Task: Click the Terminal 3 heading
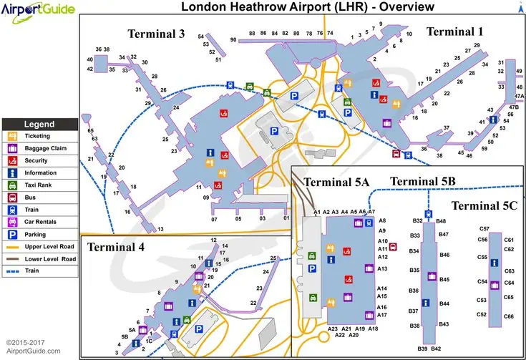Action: click(157, 34)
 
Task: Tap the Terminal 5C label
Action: click(484, 206)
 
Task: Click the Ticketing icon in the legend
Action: click(12, 135)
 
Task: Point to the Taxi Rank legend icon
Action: click(12, 185)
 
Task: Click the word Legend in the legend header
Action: click(39, 124)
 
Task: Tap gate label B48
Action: click(442, 221)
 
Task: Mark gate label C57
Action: click(484, 228)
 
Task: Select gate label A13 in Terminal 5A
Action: click(382, 268)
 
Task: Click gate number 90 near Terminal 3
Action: click(233, 39)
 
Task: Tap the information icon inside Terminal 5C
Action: click(493, 264)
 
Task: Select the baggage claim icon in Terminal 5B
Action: click(432, 276)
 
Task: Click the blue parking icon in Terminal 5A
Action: click(312, 268)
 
